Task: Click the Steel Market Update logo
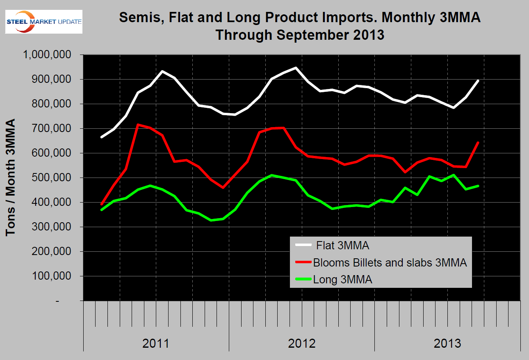point(43,21)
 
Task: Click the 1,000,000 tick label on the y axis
point(48,55)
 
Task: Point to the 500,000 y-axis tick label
point(52,178)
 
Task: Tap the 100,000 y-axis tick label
point(52,276)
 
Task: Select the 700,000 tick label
point(52,129)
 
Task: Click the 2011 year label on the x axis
point(156,343)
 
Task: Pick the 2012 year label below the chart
point(302,343)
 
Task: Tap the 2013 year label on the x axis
point(447,343)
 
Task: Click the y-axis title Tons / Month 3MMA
point(11,177)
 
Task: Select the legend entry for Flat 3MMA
point(343,246)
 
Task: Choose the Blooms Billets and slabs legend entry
point(390,263)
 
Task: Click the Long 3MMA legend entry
point(343,280)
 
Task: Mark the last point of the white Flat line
point(478,81)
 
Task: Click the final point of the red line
point(478,142)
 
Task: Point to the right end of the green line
point(478,186)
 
